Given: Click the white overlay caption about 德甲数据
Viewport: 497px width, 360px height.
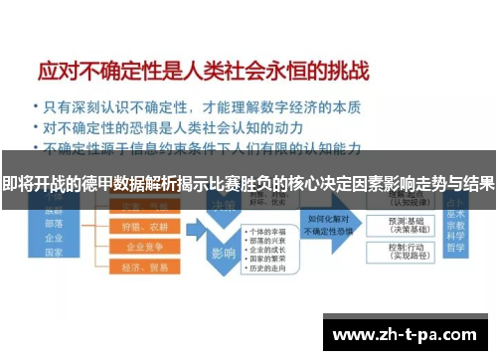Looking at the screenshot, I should pyautogui.click(x=248, y=184).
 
